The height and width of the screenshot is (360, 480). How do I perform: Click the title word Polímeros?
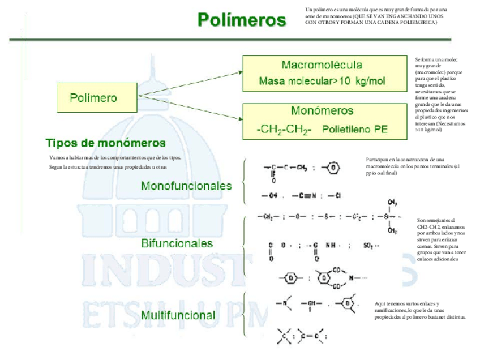(x=242, y=20)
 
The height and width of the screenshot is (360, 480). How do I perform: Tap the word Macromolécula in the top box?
(x=322, y=65)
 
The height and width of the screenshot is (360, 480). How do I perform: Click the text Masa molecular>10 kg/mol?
(x=322, y=81)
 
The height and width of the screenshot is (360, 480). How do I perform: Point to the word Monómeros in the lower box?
(x=322, y=111)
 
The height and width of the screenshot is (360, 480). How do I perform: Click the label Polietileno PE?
(x=355, y=129)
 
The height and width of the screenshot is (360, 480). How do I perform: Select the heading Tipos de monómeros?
(x=105, y=143)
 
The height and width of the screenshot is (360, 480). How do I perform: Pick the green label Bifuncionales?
(x=177, y=243)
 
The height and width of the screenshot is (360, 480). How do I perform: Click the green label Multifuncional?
(x=178, y=315)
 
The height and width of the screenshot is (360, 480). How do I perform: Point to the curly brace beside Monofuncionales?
(x=245, y=181)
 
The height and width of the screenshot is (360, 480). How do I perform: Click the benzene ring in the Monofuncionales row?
(x=335, y=168)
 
